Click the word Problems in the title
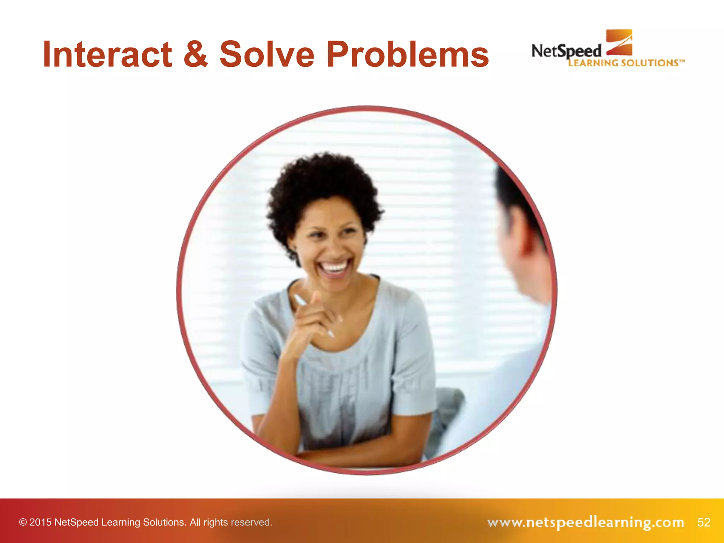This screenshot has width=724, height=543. (407, 55)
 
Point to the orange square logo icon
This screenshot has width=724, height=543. (619, 42)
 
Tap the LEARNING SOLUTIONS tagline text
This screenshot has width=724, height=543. (626, 63)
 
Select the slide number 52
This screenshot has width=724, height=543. (703, 522)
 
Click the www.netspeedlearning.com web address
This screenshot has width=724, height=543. (585, 522)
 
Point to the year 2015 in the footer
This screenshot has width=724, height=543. (40, 522)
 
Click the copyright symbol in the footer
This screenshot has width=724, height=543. (23, 522)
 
